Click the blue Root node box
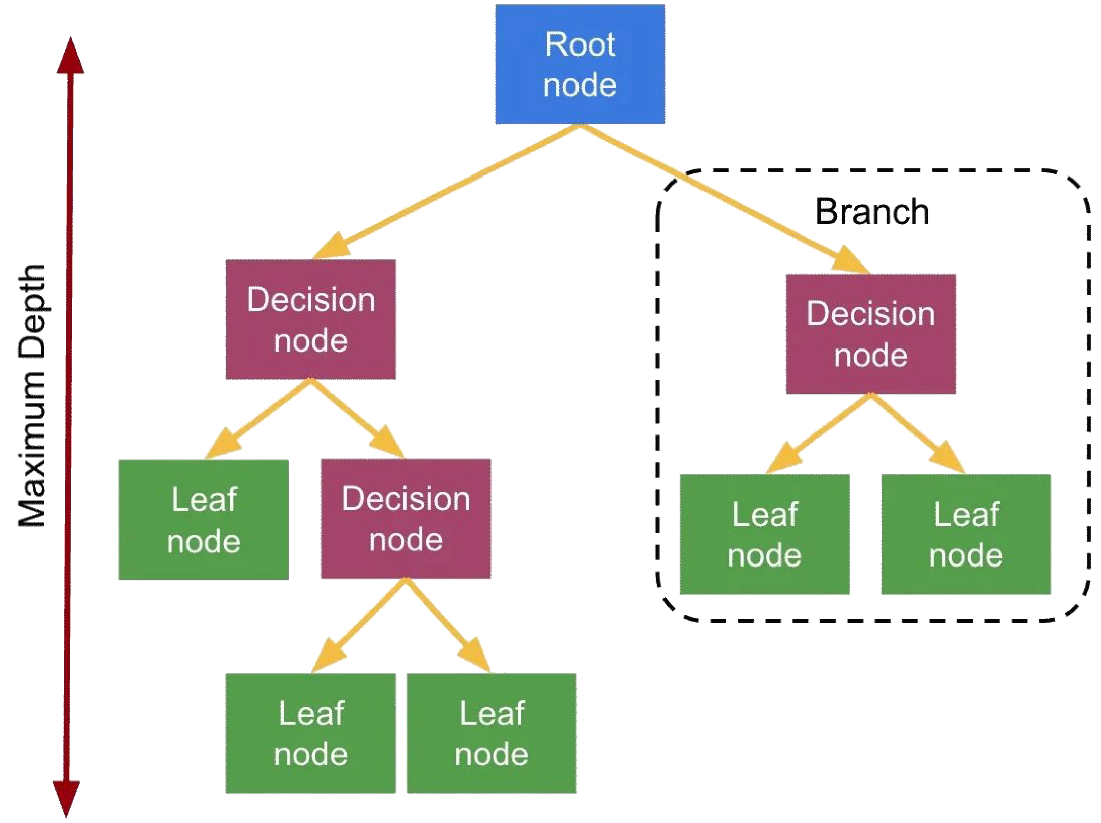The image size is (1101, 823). click(580, 65)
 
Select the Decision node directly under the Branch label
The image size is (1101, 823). click(871, 334)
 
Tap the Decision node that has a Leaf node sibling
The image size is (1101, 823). click(406, 519)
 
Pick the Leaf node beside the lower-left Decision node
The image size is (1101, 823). click(203, 520)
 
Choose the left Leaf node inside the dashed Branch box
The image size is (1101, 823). click(764, 534)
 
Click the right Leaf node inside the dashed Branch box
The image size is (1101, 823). click(965, 534)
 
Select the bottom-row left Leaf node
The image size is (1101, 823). click(310, 733)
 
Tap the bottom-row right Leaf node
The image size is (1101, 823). click(491, 733)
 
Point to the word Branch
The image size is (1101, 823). click(872, 211)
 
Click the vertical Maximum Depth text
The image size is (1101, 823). click(32, 395)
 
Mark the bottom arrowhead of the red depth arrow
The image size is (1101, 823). click(66, 796)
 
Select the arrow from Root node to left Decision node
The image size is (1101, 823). click(448, 192)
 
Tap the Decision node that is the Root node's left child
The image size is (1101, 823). click(311, 320)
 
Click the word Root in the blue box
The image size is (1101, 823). click(580, 45)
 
